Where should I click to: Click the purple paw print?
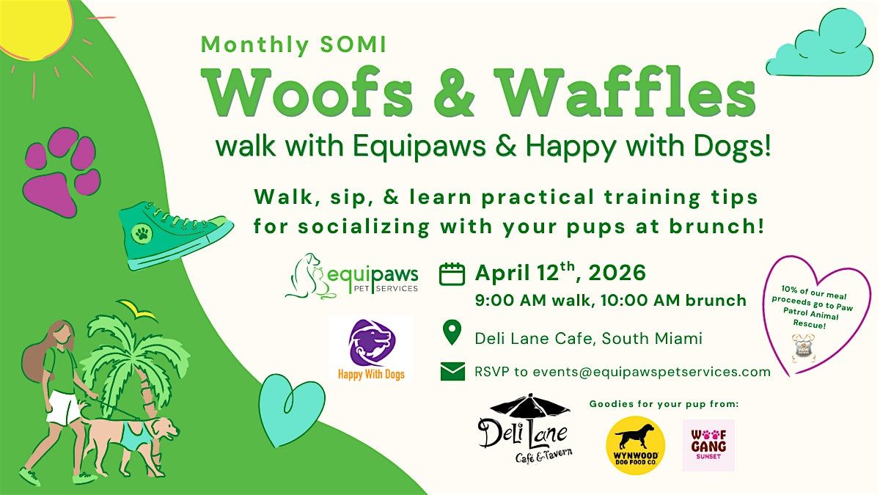(x=62, y=172)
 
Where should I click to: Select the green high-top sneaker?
(x=175, y=235)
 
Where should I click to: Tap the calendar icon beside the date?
(x=452, y=274)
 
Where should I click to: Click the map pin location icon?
(x=452, y=332)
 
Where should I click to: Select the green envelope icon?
(x=452, y=372)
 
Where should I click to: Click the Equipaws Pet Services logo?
(x=351, y=276)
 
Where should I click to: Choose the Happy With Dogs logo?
(x=371, y=350)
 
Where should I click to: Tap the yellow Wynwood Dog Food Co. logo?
(x=636, y=445)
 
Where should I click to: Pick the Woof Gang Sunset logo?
(x=708, y=445)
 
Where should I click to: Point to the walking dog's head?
(x=166, y=429)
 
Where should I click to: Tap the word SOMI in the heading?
(x=353, y=45)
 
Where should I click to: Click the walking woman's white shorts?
(x=63, y=408)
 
